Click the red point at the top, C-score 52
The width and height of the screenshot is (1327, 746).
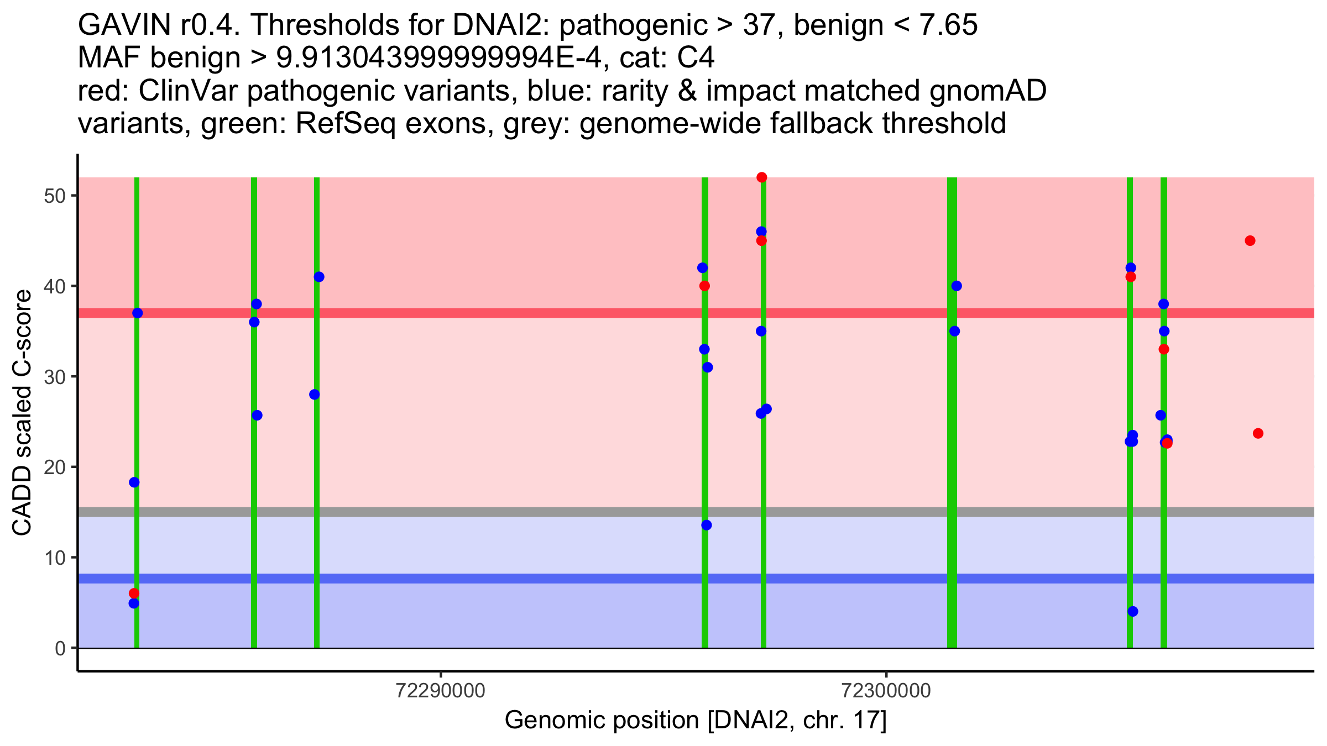tap(761, 177)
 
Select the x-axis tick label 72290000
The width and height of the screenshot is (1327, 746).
tap(441, 691)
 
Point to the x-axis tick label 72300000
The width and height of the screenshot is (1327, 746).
tap(886, 691)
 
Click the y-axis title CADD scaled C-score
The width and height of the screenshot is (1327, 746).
tap(22, 413)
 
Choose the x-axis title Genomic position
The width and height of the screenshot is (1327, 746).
tap(696, 721)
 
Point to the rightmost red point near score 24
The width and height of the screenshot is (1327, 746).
tap(1258, 433)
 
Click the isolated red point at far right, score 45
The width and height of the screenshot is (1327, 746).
tap(1250, 241)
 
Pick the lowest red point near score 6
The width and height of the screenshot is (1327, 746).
tap(134, 593)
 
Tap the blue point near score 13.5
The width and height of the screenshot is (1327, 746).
tap(706, 525)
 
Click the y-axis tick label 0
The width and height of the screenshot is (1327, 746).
tap(60, 648)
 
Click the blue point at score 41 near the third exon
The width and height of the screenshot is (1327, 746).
tap(319, 277)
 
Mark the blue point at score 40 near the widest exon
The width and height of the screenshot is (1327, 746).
tap(957, 286)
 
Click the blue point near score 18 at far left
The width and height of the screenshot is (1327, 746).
tap(134, 482)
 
